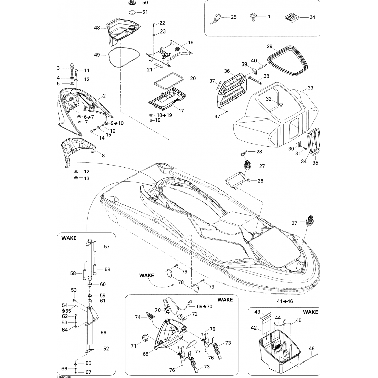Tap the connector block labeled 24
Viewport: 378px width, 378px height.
click(291, 17)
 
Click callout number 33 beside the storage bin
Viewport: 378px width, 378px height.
click(310, 88)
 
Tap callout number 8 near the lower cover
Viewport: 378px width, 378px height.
click(103, 156)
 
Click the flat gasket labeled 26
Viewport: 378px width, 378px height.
click(237, 183)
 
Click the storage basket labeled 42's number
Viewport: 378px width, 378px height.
click(254, 328)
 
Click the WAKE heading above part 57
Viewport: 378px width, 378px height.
click(69, 238)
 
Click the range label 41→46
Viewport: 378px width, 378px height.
click(285, 301)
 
